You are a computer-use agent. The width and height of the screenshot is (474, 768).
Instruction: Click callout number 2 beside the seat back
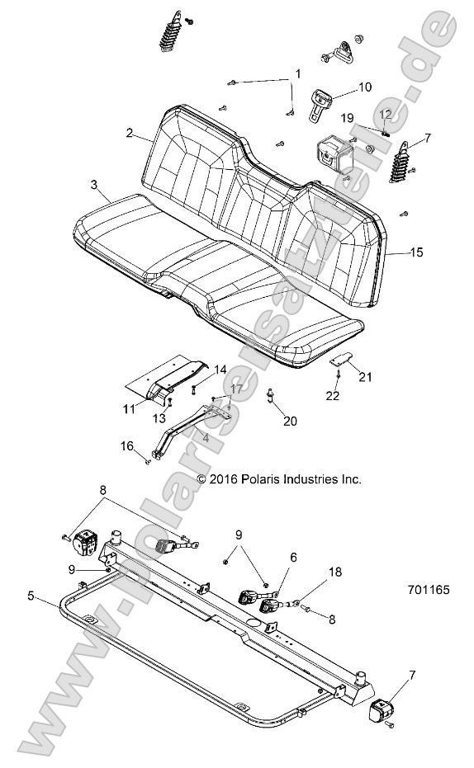click(x=130, y=133)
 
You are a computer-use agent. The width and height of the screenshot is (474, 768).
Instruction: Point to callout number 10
click(x=364, y=87)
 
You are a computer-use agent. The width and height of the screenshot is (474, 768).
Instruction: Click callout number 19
click(x=348, y=118)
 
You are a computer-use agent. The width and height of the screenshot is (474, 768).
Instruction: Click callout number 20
click(x=289, y=421)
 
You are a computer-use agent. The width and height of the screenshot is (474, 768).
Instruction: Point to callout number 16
click(x=126, y=445)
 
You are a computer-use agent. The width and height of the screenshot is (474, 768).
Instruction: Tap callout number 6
click(x=291, y=558)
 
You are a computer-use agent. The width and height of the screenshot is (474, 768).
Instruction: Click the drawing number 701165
click(x=429, y=591)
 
